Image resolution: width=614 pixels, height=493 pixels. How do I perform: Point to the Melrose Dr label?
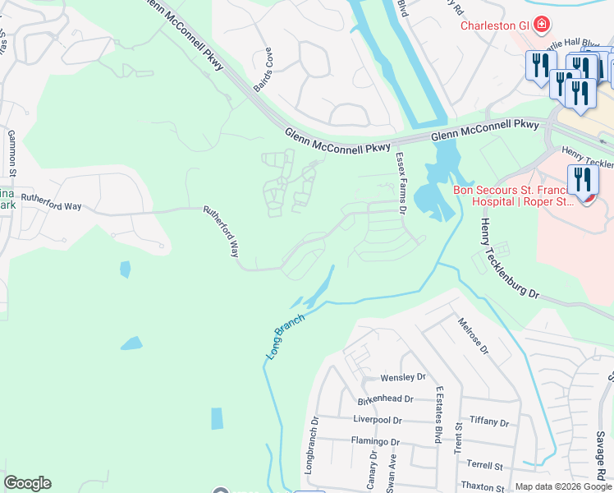coord(474,336)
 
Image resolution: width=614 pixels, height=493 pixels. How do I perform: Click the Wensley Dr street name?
coord(403,378)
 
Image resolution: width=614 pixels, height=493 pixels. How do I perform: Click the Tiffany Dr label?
coord(490,421)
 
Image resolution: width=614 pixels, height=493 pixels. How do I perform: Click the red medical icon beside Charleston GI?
coord(541,25)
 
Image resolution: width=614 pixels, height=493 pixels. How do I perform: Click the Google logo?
coord(27,483)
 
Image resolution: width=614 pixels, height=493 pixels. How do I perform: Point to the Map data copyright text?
coord(562,486)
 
